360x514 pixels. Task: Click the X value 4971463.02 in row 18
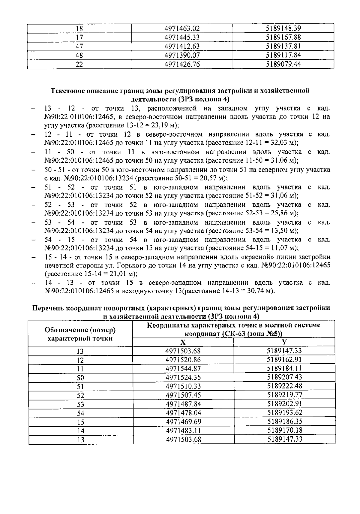pyautogui.click(x=182, y=29)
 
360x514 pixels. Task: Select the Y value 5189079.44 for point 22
pyautogui.click(x=283, y=64)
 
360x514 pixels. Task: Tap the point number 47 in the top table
pyautogui.click(x=79, y=47)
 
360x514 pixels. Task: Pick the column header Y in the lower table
pyautogui.click(x=284, y=342)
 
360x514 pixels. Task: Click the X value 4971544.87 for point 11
pyautogui.click(x=183, y=369)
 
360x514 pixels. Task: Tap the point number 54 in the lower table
pyautogui.click(x=80, y=413)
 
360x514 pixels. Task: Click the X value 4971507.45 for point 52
pyautogui.click(x=183, y=395)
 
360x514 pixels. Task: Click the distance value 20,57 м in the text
pyautogui.click(x=213, y=178)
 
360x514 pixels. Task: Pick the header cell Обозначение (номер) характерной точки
pyautogui.click(x=80, y=334)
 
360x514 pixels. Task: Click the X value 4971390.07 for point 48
pyautogui.click(x=182, y=55)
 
